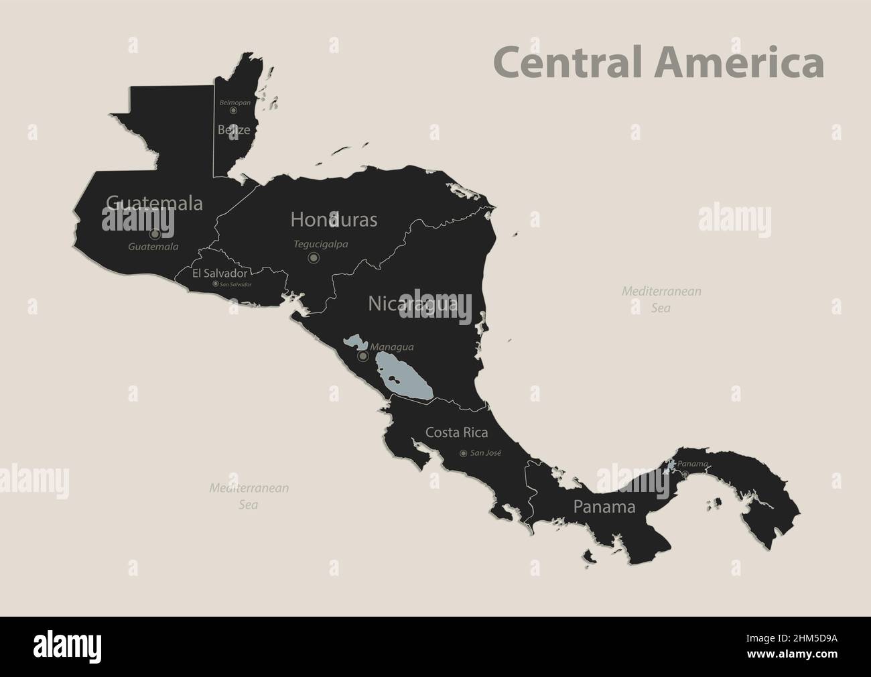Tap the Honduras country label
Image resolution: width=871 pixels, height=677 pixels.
(x=334, y=219)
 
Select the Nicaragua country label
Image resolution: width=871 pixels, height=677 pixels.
(x=413, y=304)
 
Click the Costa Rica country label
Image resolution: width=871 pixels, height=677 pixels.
(x=457, y=432)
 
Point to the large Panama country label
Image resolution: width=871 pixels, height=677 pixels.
(x=604, y=507)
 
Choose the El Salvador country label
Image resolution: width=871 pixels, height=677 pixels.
(x=220, y=273)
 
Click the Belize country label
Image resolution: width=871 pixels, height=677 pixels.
(x=234, y=130)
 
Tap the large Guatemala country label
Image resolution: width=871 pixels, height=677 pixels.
(x=154, y=203)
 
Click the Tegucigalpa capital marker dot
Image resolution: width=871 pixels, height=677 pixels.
(x=314, y=257)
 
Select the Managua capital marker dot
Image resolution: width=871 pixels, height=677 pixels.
(x=362, y=357)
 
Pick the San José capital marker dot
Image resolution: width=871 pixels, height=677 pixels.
(x=463, y=454)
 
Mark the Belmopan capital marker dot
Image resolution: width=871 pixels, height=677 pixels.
(x=233, y=110)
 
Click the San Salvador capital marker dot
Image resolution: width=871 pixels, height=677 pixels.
(x=215, y=284)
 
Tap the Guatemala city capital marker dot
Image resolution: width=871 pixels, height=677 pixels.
(x=155, y=235)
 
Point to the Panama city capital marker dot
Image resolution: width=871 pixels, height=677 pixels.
(x=685, y=475)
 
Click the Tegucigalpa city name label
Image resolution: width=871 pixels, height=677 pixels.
(x=321, y=245)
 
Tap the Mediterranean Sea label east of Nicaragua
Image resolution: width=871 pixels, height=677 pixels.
(x=661, y=300)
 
